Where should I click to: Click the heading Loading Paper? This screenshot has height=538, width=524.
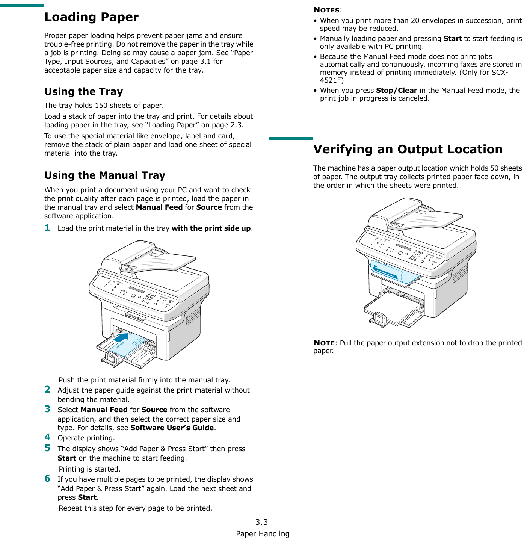pyautogui.click(x=91, y=17)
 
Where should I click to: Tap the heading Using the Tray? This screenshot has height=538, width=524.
pyautogui.click(x=83, y=92)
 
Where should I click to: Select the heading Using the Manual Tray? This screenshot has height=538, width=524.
pyautogui.click(x=105, y=175)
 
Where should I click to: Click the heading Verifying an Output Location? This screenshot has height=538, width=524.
pyautogui.click(x=408, y=150)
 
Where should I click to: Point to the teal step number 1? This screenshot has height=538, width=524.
pyautogui.click(x=47, y=227)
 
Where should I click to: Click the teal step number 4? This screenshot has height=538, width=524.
pyautogui.click(x=47, y=437)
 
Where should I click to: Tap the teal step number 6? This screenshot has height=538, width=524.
pyautogui.click(x=47, y=478)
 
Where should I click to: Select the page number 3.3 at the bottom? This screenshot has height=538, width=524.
pyautogui.click(x=261, y=522)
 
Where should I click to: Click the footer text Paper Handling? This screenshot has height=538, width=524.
pyautogui.click(x=263, y=534)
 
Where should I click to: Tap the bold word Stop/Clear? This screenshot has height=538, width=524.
pyautogui.click(x=396, y=91)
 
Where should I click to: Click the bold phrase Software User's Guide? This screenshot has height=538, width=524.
pyautogui.click(x=172, y=428)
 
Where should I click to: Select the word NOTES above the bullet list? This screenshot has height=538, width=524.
pyautogui.click(x=326, y=10)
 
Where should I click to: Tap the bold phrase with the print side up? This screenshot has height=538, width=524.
pyautogui.click(x=211, y=228)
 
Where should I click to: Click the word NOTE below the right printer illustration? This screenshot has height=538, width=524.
pyautogui.click(x=324, y=343)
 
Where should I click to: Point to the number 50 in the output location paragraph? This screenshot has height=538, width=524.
pyautogui.click(x=494, y=168)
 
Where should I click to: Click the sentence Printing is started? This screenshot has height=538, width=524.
pyautogui.click(x=89, y=469)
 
